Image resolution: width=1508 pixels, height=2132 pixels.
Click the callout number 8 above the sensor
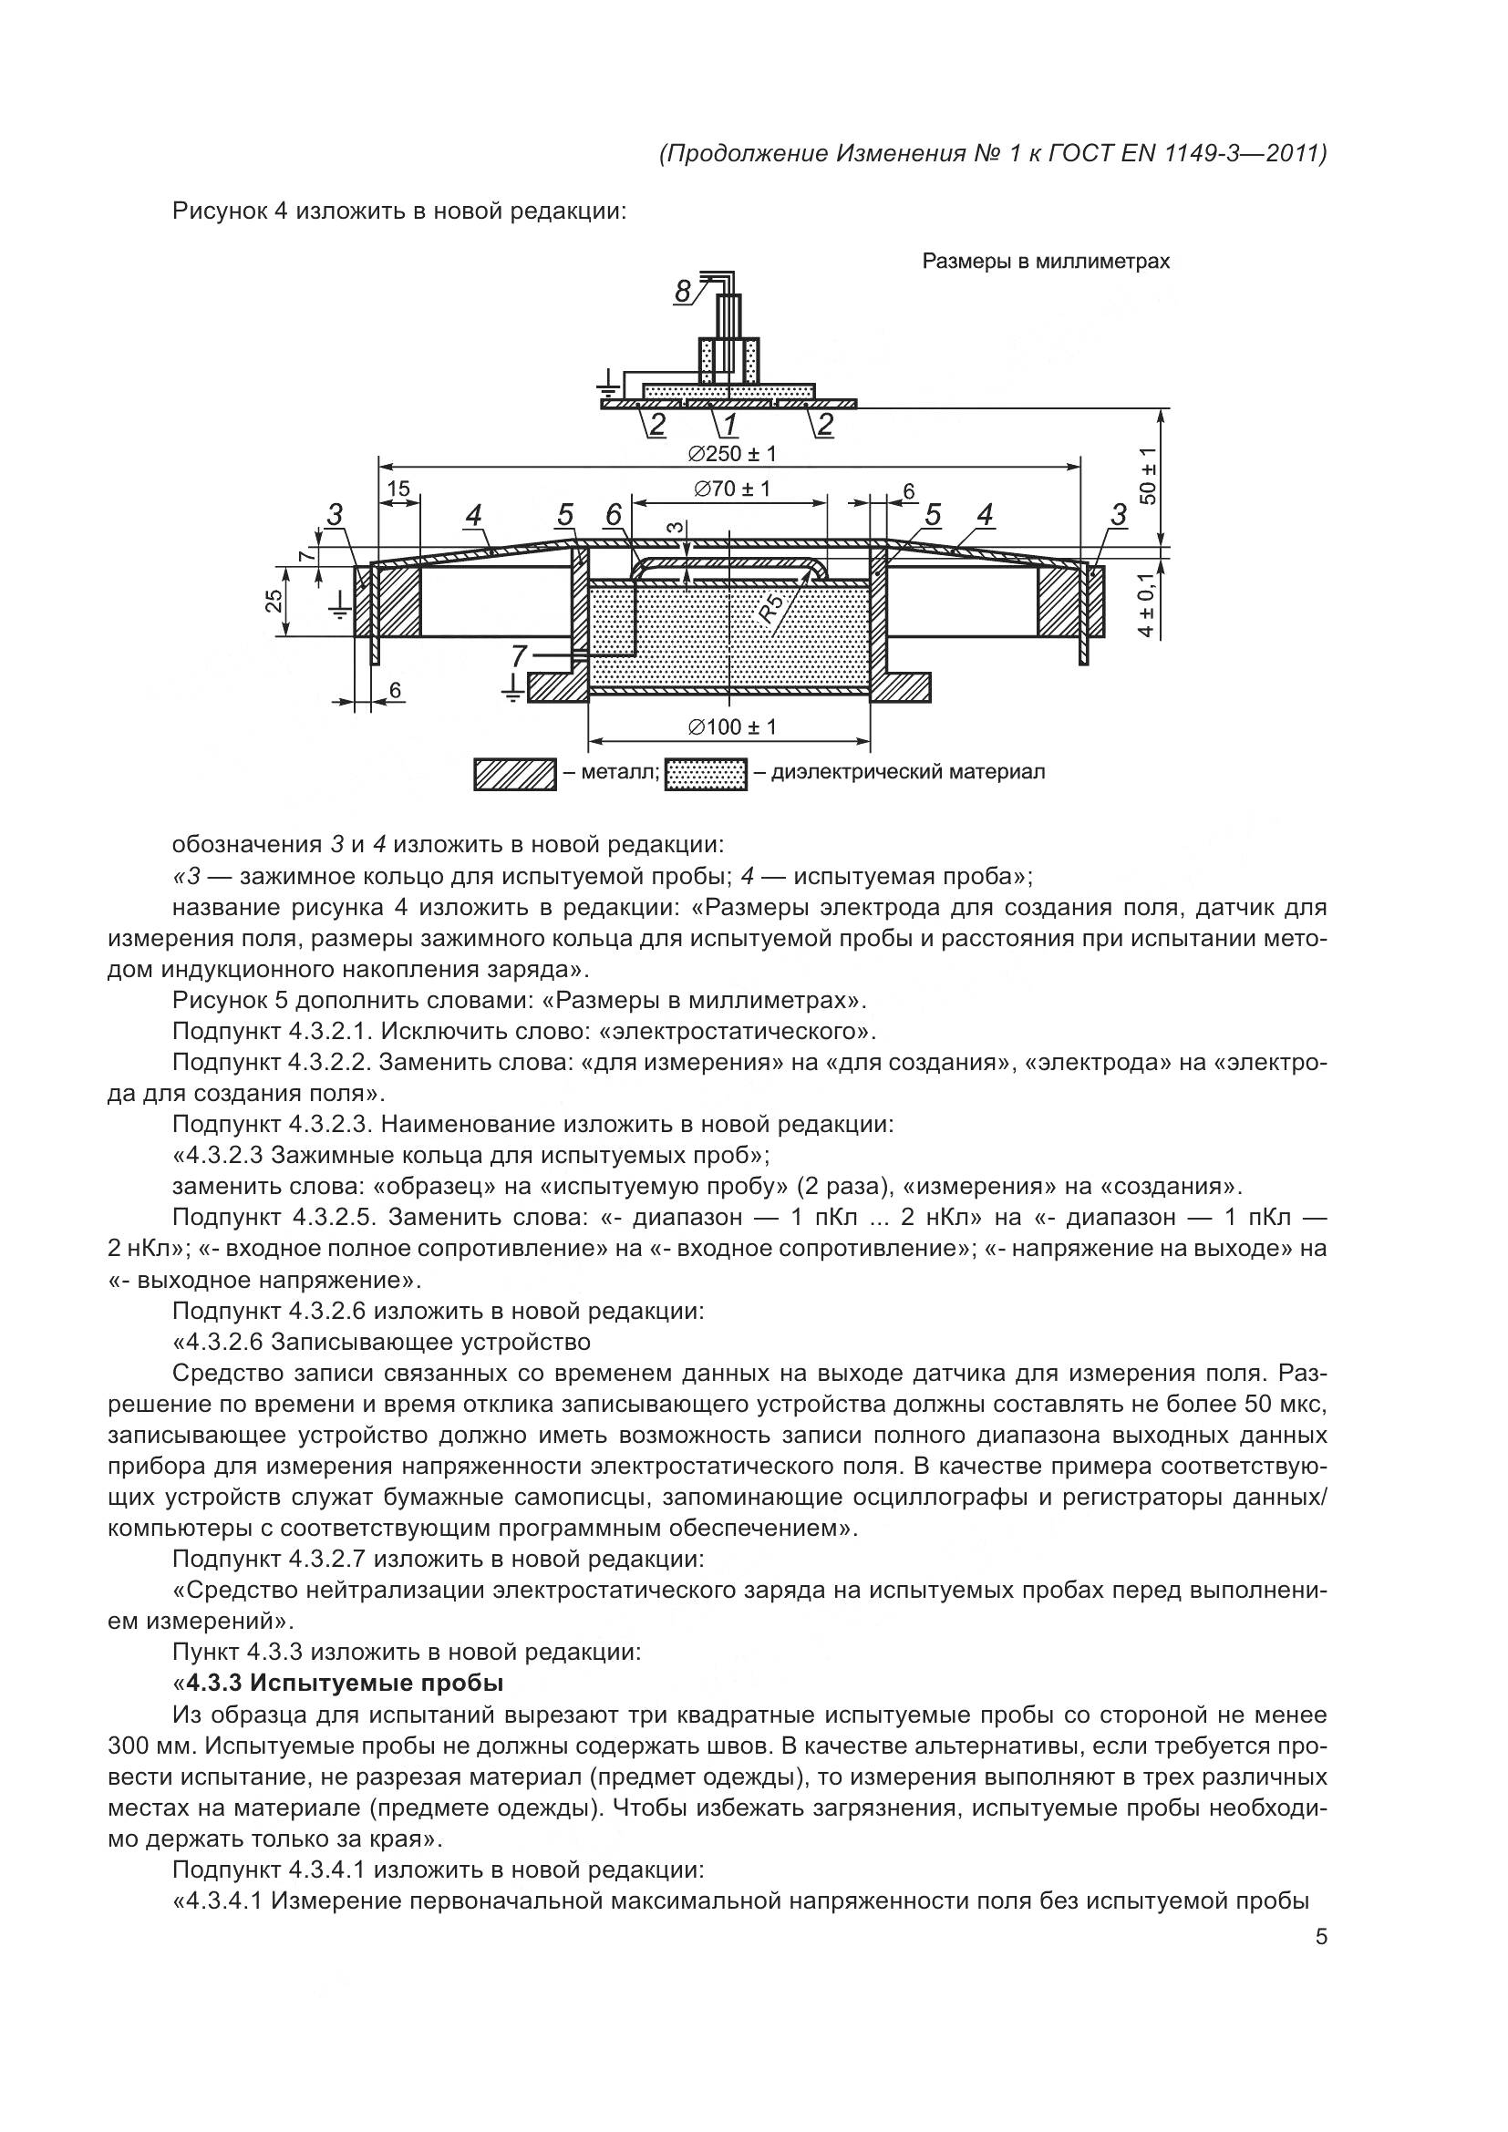684,292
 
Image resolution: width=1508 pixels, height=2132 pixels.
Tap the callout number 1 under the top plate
730,425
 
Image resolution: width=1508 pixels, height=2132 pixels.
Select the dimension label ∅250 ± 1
732,454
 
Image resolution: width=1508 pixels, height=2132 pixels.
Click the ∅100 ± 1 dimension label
732,726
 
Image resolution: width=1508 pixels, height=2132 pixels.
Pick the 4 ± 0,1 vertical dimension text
1148,605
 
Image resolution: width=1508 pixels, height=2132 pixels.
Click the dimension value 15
398,489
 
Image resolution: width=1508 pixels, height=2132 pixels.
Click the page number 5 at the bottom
1320,1938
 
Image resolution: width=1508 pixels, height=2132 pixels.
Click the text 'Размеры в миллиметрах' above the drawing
1046,262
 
